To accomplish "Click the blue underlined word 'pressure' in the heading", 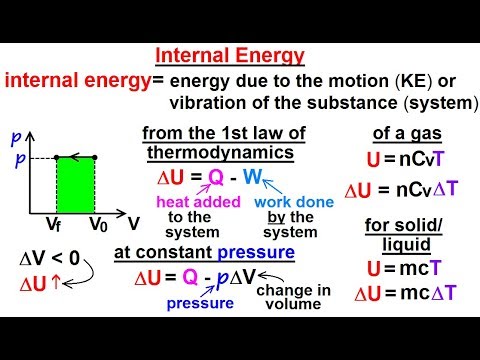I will point(257,253).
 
